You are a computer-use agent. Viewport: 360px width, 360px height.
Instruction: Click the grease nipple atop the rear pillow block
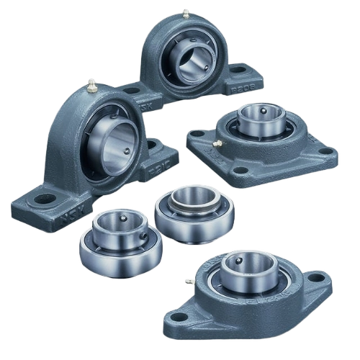click(x=185, y=13)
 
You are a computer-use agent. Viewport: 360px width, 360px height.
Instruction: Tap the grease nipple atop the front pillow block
click(x=92, y=86)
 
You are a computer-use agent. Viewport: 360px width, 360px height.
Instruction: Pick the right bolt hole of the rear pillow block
click(x=238, y=69)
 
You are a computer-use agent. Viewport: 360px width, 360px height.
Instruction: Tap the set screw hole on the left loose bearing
click(x=125, y=217)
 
